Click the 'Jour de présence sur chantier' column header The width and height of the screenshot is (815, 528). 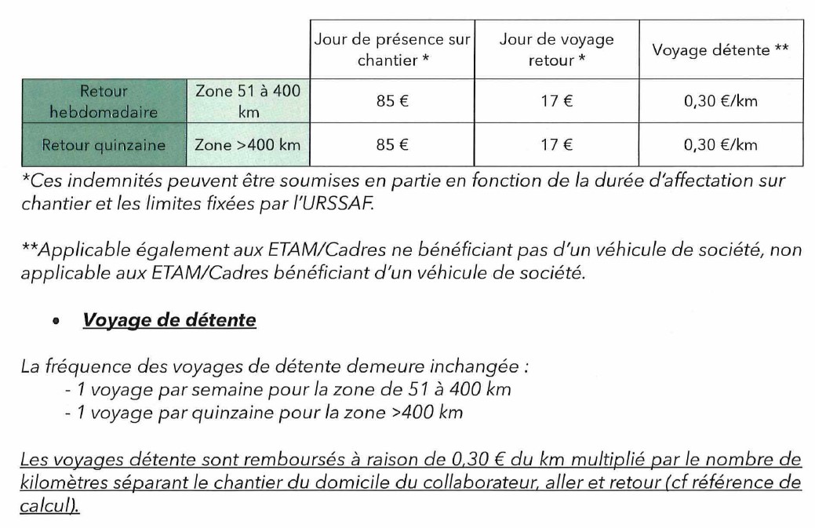(x=391, y=49)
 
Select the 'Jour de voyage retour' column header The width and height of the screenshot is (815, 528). (x=556, y=49)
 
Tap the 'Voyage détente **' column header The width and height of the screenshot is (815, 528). (x=720, y=49)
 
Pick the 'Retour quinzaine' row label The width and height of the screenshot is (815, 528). (x=103, y=145)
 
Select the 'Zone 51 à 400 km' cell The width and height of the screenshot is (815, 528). (x=247, y=101)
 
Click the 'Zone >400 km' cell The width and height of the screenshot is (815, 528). (x=247, y=145)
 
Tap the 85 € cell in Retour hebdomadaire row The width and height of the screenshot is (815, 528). (x=391, y=101)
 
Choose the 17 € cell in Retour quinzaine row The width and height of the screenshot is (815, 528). (x=556, y=145)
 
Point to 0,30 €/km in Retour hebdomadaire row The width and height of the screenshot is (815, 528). (x=720, y=101)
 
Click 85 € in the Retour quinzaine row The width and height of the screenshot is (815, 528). (x=391, y=145)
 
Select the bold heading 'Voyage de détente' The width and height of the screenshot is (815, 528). (x=169, y=321)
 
